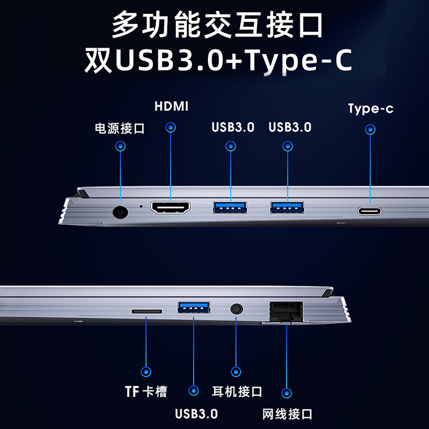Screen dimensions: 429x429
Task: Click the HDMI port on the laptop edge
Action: [x=170, y=208]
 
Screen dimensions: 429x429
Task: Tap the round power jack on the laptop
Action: [x=120, y=212]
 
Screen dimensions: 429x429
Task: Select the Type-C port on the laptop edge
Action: [x=369, y=211]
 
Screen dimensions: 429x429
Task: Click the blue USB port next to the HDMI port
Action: [x=230, y=207]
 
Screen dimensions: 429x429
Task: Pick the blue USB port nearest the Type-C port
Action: [x=287, y=207]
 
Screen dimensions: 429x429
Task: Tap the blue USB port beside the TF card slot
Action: [x=194, y=307]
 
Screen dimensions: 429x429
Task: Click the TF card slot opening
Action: [x=146, y=312]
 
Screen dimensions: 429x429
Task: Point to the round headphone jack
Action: [x=236, y=309]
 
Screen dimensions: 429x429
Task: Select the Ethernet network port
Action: [x=286, y=312]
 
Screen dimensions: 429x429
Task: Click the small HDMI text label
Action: [x=172, y=106]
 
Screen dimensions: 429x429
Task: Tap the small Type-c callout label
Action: [x=371, y=109]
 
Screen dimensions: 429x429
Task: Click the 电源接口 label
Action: [x=120, y=128]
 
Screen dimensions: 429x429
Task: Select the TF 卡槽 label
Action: [x=146, y=391]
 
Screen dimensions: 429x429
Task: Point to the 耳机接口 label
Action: [x=237, y=391]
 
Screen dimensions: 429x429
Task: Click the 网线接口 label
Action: [x=287, y=414]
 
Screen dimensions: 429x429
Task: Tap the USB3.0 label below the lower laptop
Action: [x=196, y=414]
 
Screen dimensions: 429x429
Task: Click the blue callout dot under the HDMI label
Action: [x=171, y=128]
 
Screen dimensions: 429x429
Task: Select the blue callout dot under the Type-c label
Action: [x=370, y=129]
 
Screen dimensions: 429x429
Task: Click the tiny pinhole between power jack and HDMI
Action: [x=141, y=206]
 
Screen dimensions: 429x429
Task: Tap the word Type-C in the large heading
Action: [x=299, y=61]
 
